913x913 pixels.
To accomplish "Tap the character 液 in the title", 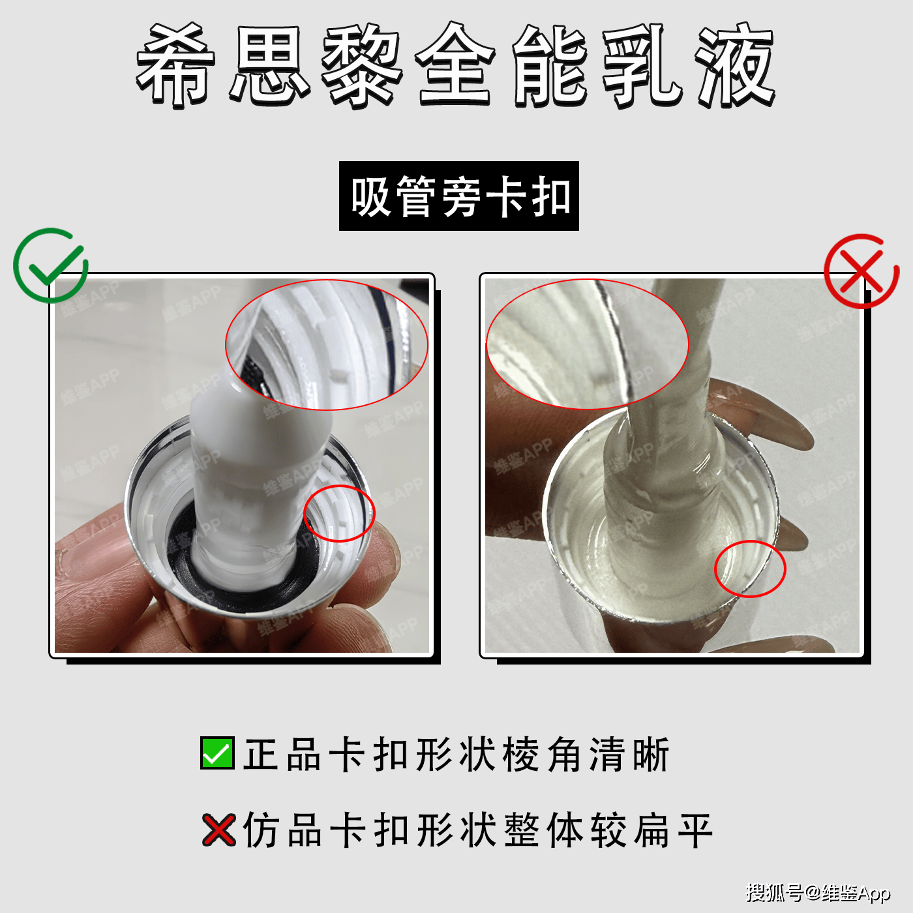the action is (736, 65).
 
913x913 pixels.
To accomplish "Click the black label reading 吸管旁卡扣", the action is (458, 196).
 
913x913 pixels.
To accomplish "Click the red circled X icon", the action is (861, 271).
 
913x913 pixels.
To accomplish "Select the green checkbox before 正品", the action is (217, 753).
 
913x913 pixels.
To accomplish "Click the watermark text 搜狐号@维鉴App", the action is (818, 892).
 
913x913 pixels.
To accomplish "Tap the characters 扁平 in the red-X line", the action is (673, 830).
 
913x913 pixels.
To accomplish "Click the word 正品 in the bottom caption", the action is (282, 755).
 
